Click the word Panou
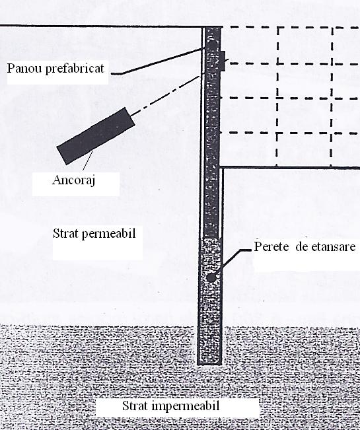24,68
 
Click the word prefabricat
75,69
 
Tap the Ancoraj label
73,180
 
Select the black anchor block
96,136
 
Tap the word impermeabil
186,406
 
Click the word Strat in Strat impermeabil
135,406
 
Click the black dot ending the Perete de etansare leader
211,277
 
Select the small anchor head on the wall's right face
223,61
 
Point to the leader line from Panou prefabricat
158,61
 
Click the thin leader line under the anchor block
88,161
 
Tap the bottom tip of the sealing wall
209,364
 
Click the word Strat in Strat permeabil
66,233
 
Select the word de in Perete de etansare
298,247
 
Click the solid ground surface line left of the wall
102,26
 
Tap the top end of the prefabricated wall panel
213,28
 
